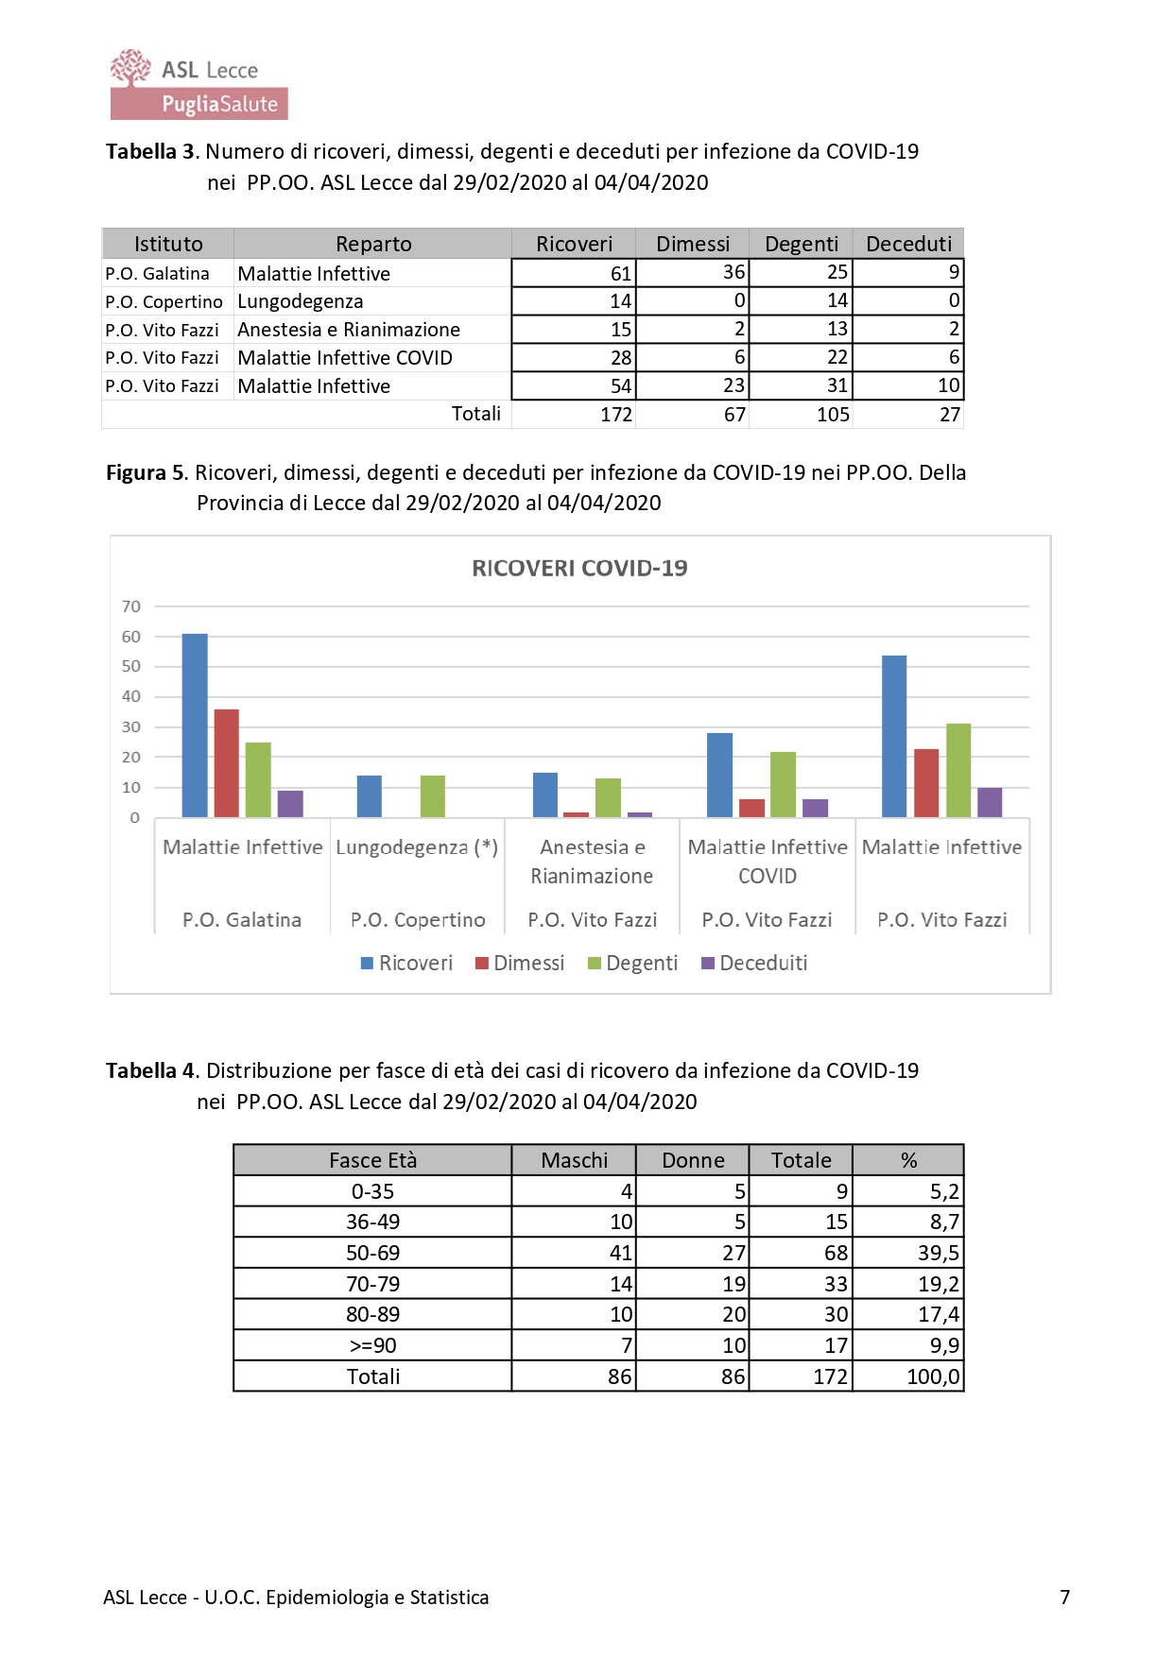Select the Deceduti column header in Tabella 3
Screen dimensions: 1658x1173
(x=908, y=244)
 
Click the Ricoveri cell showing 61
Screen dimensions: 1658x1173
(x=574, y=273)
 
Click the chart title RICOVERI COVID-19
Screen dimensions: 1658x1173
(x=579, y=568)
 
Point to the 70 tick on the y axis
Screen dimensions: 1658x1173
(x=131, y=607)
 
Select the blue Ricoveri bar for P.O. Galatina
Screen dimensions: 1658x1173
(x=195, y=725)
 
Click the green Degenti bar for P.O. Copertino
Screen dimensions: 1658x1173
(x=432, y=795)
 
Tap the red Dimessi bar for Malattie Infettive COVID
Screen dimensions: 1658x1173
(x=751, y=808)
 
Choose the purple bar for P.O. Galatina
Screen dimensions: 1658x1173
(x=290, y=804)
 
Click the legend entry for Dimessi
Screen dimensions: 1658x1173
(x=520, y=963)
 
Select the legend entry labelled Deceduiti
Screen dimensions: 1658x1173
(x=754, y=963)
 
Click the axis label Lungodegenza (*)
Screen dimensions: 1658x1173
(x=417, y=847)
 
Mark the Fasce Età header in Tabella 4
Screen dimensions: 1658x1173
(x=372, y=1160)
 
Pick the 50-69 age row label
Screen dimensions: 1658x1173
(x=372, y=1253)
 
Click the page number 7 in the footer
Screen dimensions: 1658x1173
(x=1064, y=1597)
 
